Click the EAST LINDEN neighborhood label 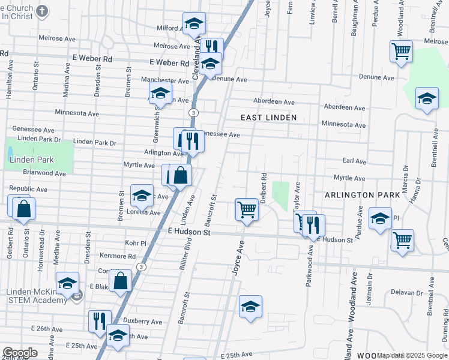(269, 118)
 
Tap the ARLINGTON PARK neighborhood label (362, 196)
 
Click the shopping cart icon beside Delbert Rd (246, 210)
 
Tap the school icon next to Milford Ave (194, 24)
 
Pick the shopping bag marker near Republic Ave (23, 209)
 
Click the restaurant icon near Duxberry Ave (98, 322)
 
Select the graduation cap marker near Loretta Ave (142, 196)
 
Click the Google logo (20, 353)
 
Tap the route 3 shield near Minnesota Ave (193, 113)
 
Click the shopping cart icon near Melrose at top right (401, 50)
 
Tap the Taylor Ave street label (297, 196)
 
